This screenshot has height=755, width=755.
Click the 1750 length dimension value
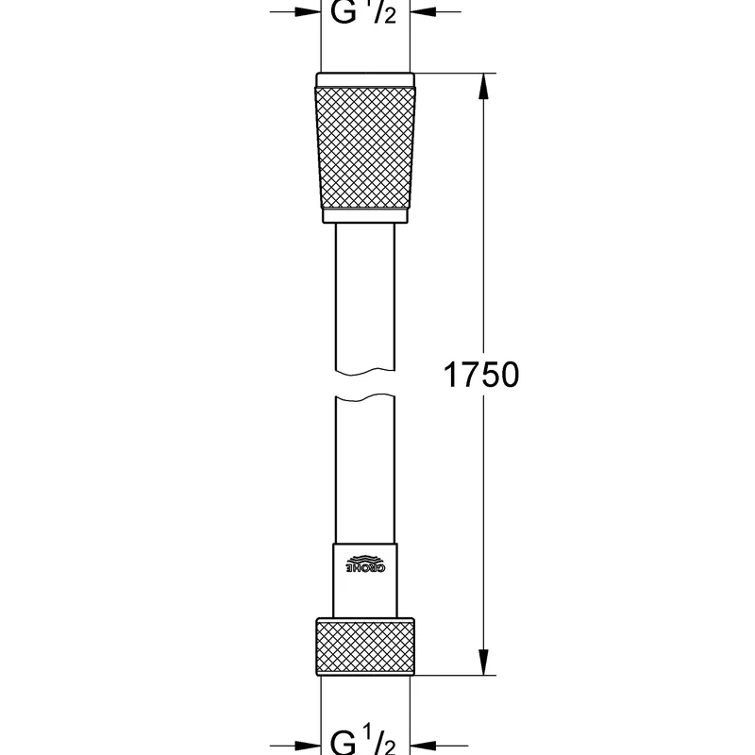(x=481, y=375)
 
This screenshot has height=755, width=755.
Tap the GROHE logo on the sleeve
(x=366, y=563)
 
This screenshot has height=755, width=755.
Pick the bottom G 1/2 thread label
(x=363, y=741)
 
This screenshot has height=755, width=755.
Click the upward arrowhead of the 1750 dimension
(x=483, y=87)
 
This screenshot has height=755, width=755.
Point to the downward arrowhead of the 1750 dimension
(x=483, y=663)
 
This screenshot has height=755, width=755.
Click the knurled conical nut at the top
(x=365, y=148)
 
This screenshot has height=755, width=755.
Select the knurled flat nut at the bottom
(x=365, y=646)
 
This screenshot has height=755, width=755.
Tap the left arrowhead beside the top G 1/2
(x=308, y=11)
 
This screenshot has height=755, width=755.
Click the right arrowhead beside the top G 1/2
(x=423, y=11)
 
